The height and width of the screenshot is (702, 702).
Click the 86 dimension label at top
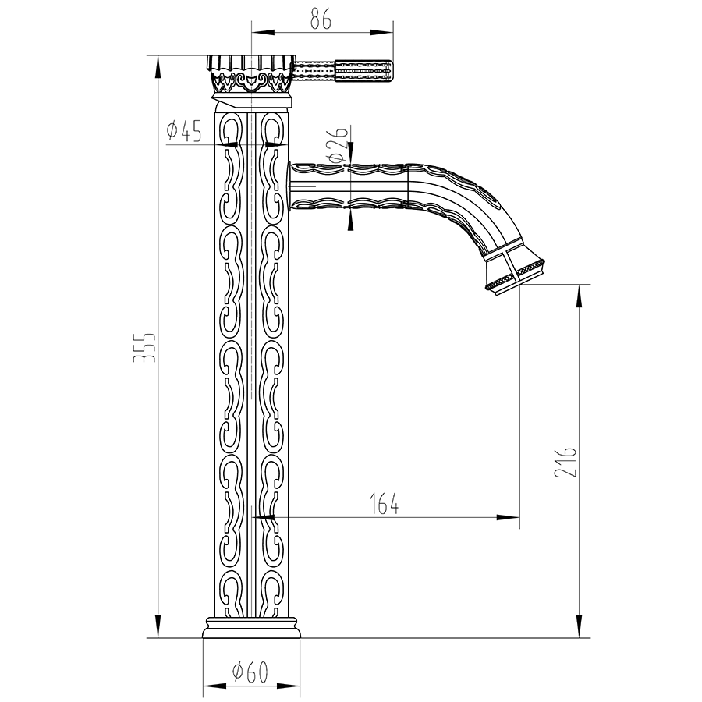[321, 19]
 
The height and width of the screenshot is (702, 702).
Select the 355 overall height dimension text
[144, 347]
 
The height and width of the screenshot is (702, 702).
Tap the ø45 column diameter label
[184, 131]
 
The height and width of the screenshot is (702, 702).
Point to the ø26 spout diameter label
[338, 144]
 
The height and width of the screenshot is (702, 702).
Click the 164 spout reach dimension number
[385, 504]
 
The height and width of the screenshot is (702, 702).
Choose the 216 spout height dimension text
[565, 461]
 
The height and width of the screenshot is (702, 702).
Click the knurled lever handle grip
[363, 71]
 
